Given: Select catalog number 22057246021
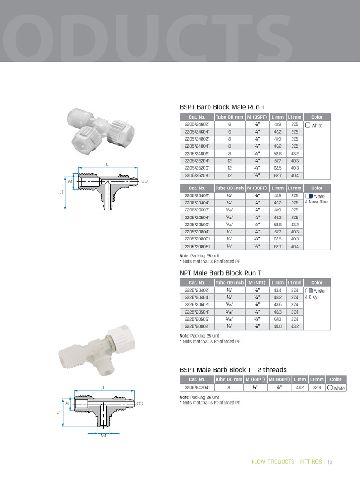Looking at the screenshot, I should click(x=197, y=125).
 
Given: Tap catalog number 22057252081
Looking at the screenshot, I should click(x=197, y=176).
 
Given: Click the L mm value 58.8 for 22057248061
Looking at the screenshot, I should click(x=277, y=154).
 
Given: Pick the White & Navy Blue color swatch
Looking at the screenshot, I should click(x=309, y=196).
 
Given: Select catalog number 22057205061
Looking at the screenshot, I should click(x=197, y=225).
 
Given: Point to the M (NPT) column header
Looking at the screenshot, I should click(x=257, y=283).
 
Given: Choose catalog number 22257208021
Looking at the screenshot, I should click(x=197, y=326).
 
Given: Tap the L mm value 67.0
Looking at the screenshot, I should click(x=277, y=319).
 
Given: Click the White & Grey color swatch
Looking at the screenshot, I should click(x=309, y=291).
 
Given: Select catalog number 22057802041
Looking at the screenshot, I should click(x=197, y=388).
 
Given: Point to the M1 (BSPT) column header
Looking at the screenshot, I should click(x=279, y=379).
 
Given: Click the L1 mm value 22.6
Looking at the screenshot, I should click(x=317, y=388).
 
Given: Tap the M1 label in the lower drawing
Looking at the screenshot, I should click(x=104, y=435).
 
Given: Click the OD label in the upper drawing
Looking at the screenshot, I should click(x=144, y=181).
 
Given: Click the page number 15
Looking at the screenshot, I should click(x=330, y=462).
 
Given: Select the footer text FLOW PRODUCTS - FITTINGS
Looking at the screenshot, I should click(x=286, y=462).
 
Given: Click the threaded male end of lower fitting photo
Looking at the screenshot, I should click(x=69, y=357).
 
